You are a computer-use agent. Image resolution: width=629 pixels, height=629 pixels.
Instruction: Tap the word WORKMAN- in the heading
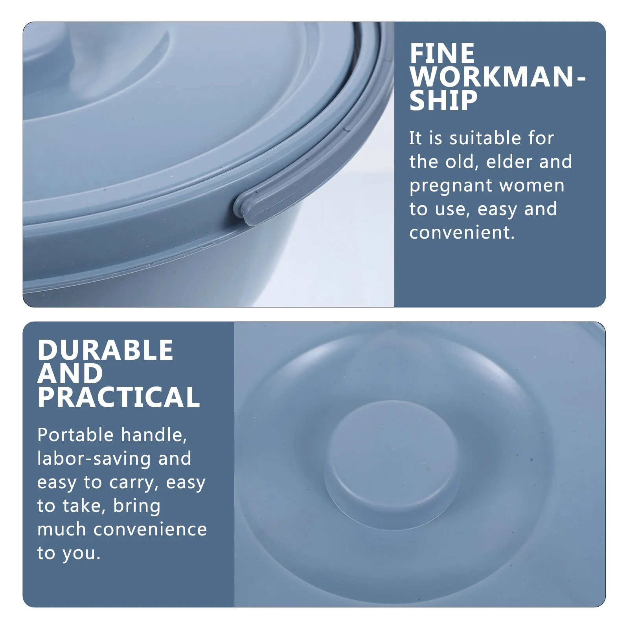click(x=497, y=77)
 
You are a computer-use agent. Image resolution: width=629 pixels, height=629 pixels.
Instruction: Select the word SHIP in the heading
click(x=443, y=100)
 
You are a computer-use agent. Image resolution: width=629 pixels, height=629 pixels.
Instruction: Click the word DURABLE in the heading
click(x=105, y=350)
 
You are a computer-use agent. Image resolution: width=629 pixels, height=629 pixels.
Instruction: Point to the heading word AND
click(x=70, y=373)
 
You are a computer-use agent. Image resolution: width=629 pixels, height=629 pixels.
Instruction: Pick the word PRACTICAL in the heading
click(x=119, y=397)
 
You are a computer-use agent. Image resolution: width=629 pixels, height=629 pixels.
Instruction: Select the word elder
click(x=509, y=162)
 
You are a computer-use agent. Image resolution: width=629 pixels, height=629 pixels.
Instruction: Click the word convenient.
click(x=462, y=232)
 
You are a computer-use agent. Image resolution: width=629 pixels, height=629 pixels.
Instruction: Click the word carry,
click(x=134, y=483)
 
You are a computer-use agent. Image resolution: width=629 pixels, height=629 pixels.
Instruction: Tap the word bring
click(x=137, y=506)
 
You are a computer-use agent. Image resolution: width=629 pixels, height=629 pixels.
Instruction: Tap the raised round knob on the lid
click(x=392, y=460)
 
